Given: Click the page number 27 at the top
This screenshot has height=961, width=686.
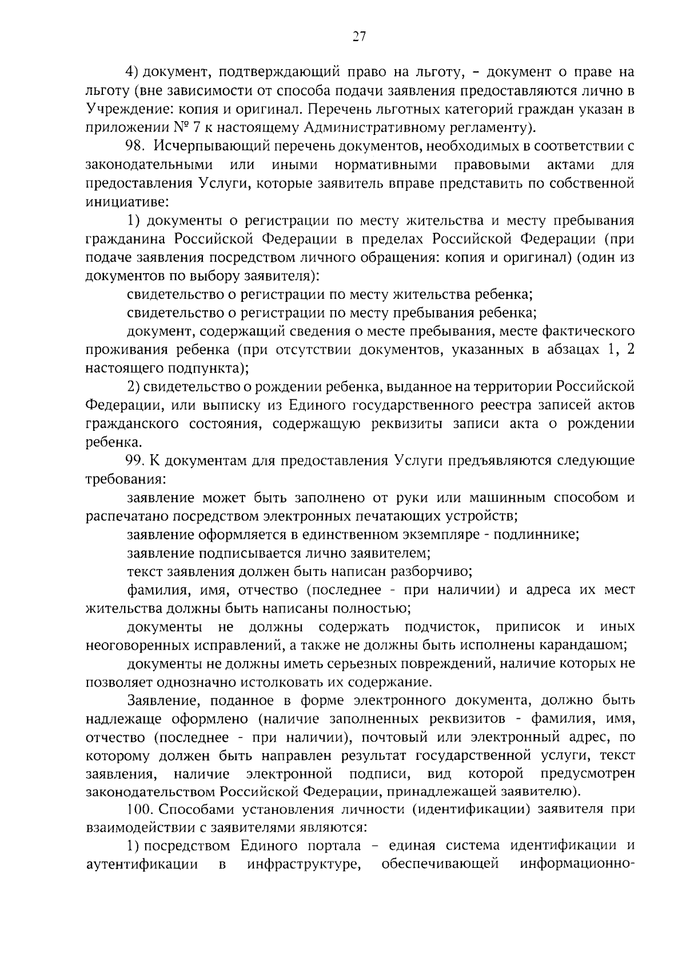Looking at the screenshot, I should (358, 37).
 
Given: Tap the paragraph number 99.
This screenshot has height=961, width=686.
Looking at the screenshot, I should (137, 461).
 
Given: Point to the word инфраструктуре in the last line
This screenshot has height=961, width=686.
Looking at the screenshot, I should (305, 864).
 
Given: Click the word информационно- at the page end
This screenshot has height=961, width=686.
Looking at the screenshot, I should (577, 864).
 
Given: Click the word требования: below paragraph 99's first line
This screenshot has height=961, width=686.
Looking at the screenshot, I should (126, 479).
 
